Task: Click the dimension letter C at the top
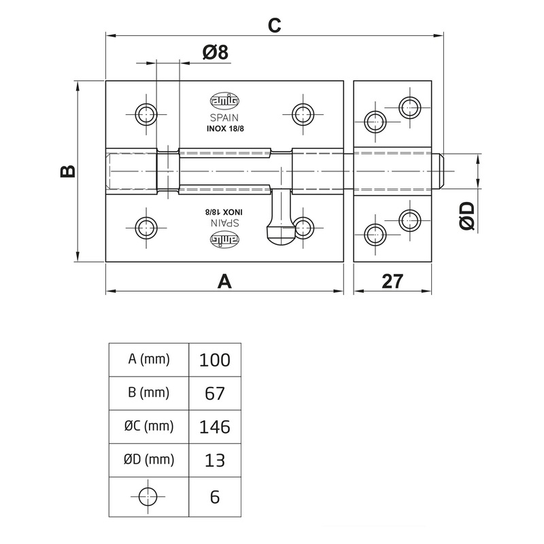[x=274, y=25]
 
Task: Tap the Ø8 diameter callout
[x=216, y=53]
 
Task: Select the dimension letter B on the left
[x=68, y=171]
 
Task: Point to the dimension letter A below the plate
[x=224, y=282]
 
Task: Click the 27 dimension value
[x=392, y=282]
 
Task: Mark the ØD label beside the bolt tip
[x=467, y=216]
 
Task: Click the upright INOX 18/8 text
[x=225, y=129]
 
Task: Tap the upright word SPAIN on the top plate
[x=224, y=118]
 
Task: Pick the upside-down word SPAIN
[x=225, y=223]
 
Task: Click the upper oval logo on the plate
[x=224, y=101]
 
